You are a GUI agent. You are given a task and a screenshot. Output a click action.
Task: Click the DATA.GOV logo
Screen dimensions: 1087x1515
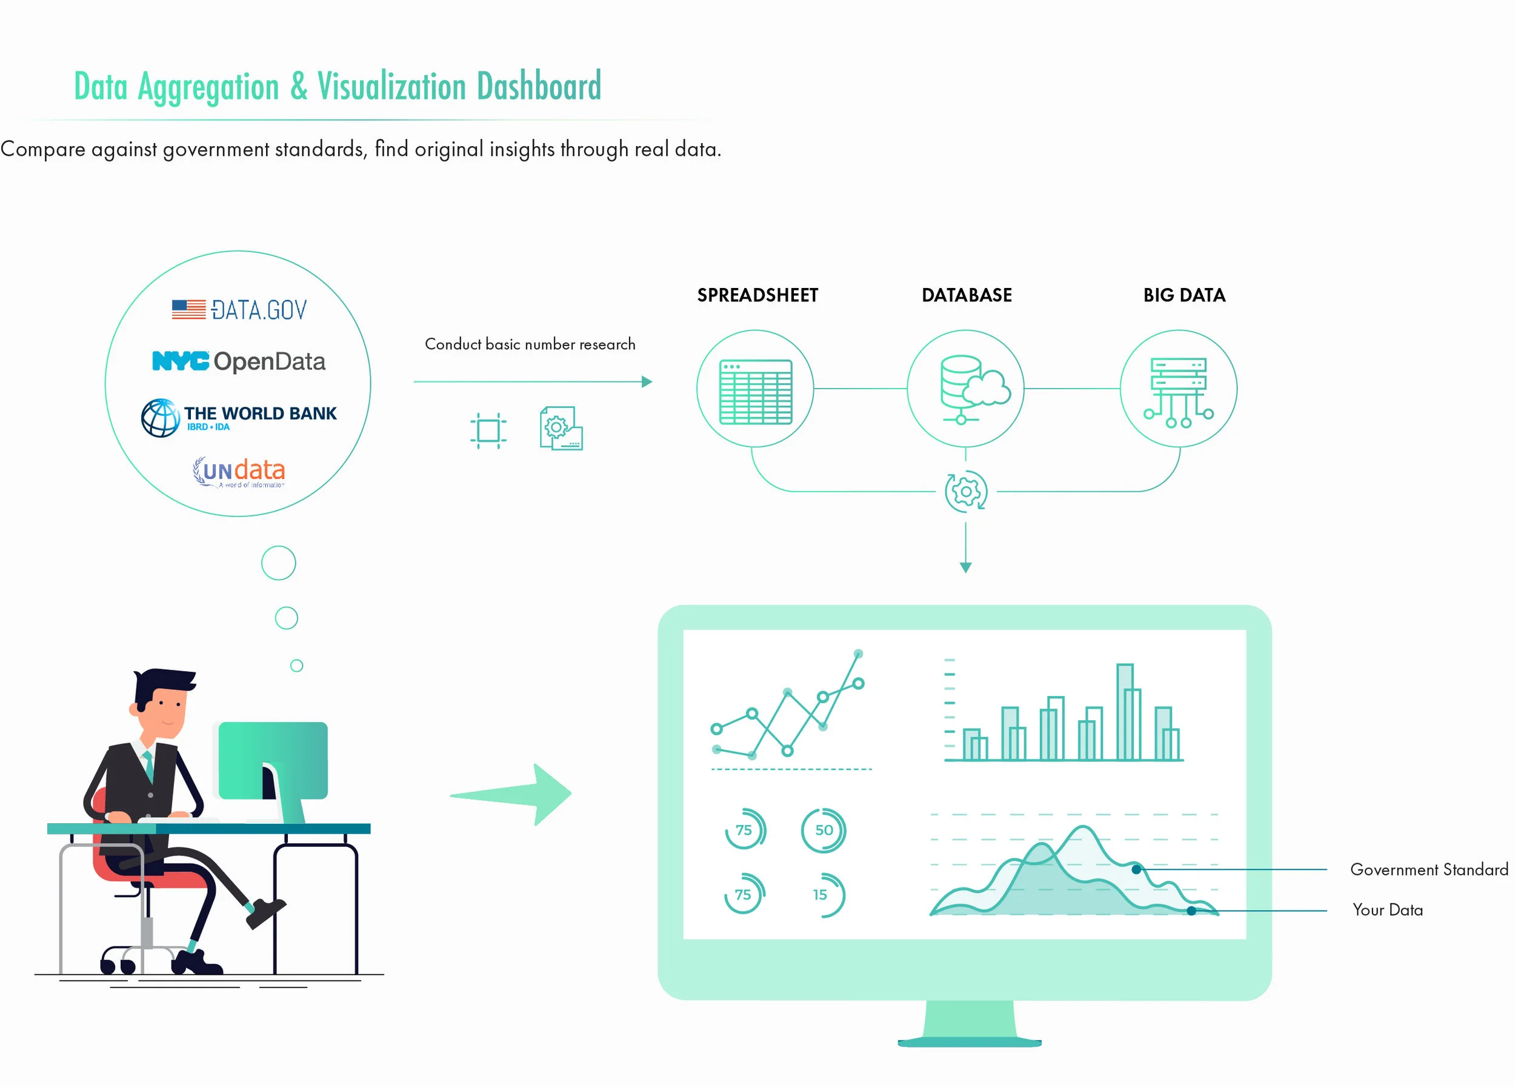pyautogui.click(x=239, y=309)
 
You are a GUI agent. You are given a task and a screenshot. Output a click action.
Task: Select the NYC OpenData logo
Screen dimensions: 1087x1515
pyautogui.click(x=239, y=361)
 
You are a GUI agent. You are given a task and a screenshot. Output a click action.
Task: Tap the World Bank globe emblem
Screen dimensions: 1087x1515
pyautogui.click(x=161, y=418)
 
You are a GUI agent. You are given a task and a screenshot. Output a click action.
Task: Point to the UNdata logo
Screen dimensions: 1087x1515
pyautogui.click(x=239, y=472)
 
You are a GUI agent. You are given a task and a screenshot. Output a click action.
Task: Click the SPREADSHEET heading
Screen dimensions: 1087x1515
pyautogui.click(x=757, y=295)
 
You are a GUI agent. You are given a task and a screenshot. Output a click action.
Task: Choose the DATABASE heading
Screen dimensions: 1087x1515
pyautogui.click(x=966, y=295)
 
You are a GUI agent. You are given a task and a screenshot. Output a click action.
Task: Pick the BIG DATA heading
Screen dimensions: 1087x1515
pyautogui.click(x=1184, y=295)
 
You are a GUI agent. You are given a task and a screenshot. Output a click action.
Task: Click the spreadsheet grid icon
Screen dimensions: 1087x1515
pyautogui.click(x=756, y=392)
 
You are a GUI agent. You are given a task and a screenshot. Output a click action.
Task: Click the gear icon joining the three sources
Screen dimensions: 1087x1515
pyautogui.click(x=965, y=492)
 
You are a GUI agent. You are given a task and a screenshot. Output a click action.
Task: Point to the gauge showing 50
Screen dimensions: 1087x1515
pyautogui.click(x=824, y=830)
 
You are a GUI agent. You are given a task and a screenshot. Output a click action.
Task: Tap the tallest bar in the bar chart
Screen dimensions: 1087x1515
pyautogui.click(x=1125, y=712)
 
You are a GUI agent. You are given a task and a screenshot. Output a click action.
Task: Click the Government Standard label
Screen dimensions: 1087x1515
pyautogui.click(x=1429, y=869)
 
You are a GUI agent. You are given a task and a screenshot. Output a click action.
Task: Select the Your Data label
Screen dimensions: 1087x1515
pyautogui.click(x=1387, y=910)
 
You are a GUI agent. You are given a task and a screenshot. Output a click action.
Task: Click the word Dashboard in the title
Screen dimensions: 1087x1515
pyautogui.click(x=538, y=87)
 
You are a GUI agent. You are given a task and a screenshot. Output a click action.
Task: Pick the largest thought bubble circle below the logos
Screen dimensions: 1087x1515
pyautogui.click(x=279, y=563)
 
